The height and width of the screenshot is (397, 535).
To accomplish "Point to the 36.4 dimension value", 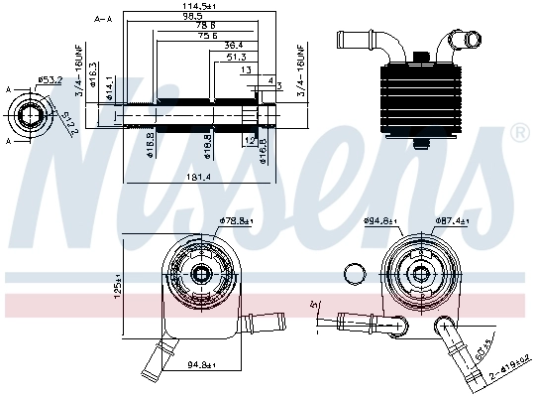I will pos(234,46).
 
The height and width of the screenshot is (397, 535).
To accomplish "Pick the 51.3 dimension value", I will pos(236,58).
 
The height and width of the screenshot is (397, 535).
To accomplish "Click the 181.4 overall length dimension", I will pos(197,177).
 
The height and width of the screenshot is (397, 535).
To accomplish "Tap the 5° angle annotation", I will pos(315,302).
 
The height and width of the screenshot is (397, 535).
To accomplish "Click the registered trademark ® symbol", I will pos(518,132).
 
